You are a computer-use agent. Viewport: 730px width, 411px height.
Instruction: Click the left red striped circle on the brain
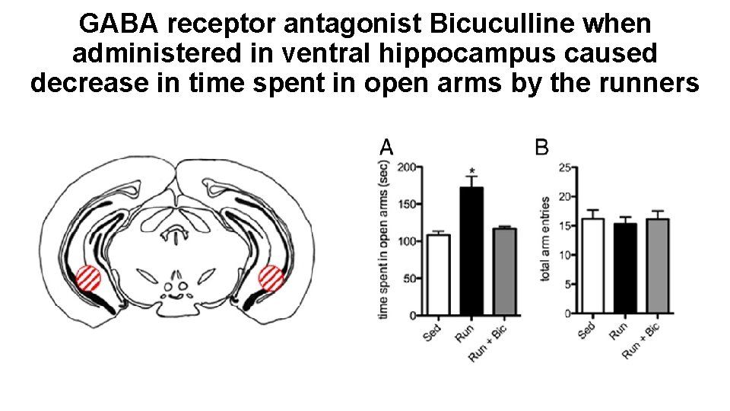point(88,278)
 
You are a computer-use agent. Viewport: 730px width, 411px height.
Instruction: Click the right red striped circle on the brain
point(271,279)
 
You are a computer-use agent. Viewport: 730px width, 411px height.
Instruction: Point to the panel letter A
point(386,147)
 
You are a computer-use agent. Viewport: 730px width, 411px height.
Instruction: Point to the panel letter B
point(542,147)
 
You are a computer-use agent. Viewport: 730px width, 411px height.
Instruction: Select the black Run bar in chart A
point(471,250)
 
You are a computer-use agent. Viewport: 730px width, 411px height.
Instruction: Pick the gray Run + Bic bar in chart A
point(504,271)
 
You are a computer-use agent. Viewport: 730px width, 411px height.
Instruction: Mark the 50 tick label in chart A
point(410,279)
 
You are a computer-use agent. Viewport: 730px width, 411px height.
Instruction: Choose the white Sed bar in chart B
point(593,266)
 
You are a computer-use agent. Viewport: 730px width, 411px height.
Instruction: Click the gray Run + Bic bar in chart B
point(658,266)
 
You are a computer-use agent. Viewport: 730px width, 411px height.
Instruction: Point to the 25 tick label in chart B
point(564,167)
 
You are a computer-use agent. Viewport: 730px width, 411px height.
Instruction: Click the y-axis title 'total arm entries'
point(545,238)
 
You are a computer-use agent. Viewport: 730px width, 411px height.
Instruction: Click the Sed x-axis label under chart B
point(586,331)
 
